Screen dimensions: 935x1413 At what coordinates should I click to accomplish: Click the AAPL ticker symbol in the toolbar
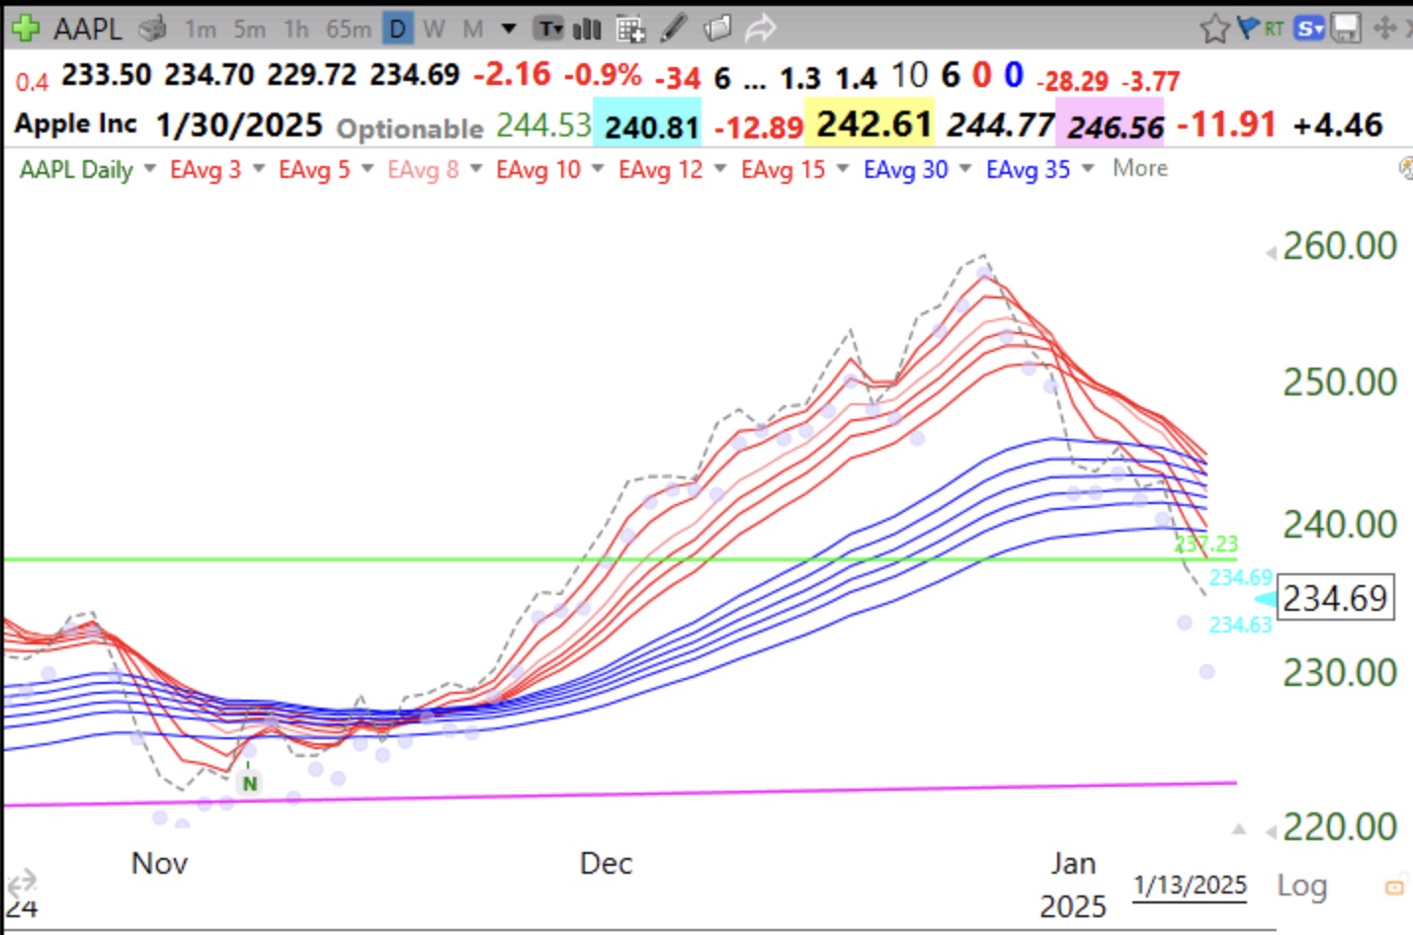tap(87, 29)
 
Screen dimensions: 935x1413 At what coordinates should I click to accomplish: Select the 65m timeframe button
tap(348, 30)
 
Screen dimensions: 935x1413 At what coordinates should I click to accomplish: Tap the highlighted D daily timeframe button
tap(397, 29)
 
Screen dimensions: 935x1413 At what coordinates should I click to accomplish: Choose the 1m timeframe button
tap(200, 30)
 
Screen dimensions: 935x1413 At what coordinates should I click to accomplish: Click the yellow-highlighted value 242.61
tap(873, 125)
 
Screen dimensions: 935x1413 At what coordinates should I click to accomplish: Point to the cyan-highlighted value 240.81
tap(651, 127)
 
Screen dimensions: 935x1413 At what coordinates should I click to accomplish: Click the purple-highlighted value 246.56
tap(1116, 127)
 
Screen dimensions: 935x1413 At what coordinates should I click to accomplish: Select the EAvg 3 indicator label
tap(206, 170)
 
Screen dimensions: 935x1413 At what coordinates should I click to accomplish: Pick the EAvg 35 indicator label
tap(1028, 170)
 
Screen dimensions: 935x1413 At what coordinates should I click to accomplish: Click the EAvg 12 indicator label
tap(660, 170)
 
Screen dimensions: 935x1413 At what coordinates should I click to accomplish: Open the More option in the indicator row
tap(1139, 168)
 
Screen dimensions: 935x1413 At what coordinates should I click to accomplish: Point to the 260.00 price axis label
tap(1339, 245)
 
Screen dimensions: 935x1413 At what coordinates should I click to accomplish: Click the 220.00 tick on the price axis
tap(1339, 826)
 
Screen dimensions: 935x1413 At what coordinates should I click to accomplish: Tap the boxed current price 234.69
tap(1335, 598)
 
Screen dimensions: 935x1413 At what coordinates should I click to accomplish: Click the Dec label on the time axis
tap(606, 863)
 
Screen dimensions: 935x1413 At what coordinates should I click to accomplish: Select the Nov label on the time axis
tap(159, 863)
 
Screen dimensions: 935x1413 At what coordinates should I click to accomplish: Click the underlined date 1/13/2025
tap(1190, 885)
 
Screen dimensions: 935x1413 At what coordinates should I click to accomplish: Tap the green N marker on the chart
tap(250, 783)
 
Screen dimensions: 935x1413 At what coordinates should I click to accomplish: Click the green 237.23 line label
tap(1207, 544)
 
